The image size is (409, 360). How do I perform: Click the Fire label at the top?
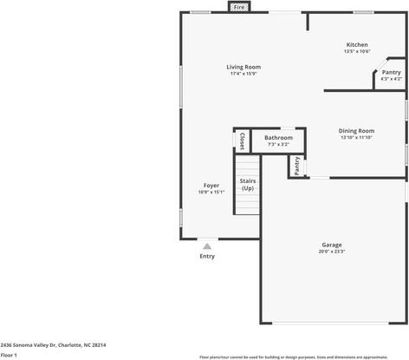[239, 7]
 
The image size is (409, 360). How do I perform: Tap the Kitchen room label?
[357, 44]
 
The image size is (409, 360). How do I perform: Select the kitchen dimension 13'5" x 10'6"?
[357, 52]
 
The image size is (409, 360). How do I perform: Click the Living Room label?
[243, 67]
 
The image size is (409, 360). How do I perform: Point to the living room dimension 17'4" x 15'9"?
[243, 74]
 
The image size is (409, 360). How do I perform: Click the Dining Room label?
[356, 131]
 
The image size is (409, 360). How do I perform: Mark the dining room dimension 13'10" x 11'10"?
[356, 138]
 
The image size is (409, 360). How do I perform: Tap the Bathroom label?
[278, 137]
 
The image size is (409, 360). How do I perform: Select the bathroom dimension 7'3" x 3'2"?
[278, 144]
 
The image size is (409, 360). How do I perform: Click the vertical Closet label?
[242, 141]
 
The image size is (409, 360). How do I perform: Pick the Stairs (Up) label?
[248, 184]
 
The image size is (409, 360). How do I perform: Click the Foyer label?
[211, 186]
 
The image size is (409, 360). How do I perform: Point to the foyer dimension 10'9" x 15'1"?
[211, 193]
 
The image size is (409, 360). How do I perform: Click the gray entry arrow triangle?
[207, 246]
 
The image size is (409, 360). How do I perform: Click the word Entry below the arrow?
[207, 256]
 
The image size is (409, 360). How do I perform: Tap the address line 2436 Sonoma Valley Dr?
[54, 344]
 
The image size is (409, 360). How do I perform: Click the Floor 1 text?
[10, 355]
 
